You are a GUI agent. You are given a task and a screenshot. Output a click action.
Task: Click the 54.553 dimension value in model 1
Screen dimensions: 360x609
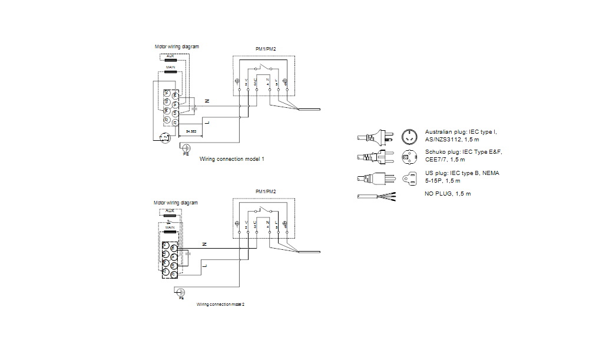(190, 131)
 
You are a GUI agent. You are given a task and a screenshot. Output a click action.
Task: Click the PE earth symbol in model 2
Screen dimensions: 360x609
(181, 292)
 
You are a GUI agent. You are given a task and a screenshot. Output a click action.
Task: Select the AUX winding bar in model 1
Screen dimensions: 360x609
(170, 60)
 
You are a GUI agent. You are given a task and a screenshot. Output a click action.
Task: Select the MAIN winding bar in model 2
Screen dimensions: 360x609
(170, 232)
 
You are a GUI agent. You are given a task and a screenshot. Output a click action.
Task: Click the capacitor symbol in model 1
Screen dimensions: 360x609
(195, 108)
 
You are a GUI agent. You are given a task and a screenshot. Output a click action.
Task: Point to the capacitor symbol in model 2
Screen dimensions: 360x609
(188, 253)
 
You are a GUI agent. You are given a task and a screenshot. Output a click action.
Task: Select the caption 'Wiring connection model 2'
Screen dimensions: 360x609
(220, 305)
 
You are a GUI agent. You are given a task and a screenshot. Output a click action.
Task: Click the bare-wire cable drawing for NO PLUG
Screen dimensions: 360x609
(377, 196)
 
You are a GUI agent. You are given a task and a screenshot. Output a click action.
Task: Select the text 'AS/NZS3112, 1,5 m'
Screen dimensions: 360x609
(451, 140)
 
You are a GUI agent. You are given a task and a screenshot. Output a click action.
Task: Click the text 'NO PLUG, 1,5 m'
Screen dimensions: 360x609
(448, 194)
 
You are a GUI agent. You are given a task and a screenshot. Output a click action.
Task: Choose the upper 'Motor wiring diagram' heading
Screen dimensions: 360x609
(177, 46)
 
